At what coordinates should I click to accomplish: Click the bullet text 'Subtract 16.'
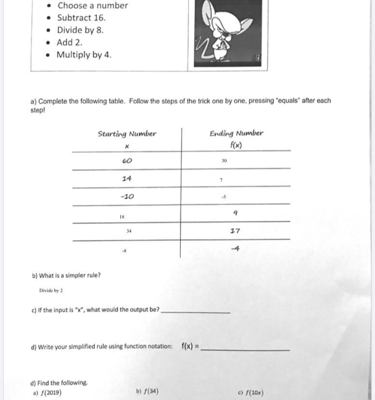[x=81, y=18]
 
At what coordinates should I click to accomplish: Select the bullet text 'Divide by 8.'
[x=80, y=30]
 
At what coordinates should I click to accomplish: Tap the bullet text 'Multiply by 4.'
[x=84, y=55]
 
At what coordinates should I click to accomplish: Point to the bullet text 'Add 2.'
[x=70, y=43]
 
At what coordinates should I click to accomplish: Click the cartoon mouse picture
[x=227, y=34]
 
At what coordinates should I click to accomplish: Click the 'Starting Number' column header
[x=127, y=134]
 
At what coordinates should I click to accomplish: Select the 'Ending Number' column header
[x=236, y=133]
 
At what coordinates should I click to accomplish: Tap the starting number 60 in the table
[x=127, y=160]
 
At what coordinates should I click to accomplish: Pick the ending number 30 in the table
[x=224, y=160]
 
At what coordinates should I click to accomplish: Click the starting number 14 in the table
[x=127, y=178]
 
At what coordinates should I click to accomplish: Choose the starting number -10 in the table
[x=127, y=197]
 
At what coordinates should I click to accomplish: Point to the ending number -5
[x=223, y=197]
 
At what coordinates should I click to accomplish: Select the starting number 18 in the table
[x=122, y=217]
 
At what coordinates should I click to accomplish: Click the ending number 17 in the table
[x=235, y=231]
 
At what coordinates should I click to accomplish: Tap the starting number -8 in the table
[x=124, y=251]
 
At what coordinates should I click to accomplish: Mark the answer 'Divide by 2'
[x=51, y=290]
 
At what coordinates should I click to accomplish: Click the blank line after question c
[x=195, y=312]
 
